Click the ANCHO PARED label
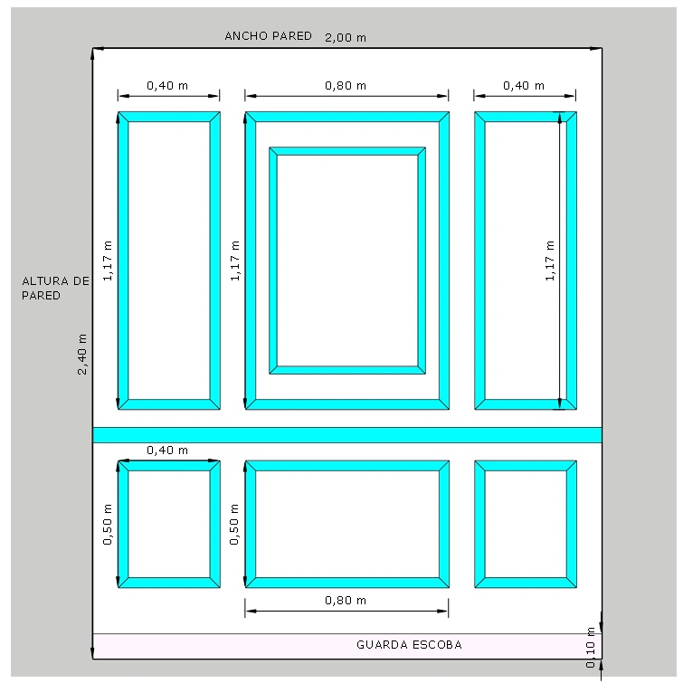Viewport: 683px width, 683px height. point(269,35)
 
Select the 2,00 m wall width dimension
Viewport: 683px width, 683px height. point(346,37)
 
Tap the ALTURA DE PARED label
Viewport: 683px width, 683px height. point(56,288)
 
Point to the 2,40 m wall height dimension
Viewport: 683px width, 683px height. point(82,354)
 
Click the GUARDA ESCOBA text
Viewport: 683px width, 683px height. point(409,645)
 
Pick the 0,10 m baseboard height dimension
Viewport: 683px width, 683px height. point(590,648)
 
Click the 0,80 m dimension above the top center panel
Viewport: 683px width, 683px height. point(346,85)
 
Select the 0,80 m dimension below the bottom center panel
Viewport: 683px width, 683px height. point(346,601)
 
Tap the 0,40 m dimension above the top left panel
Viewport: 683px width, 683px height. point(167,85)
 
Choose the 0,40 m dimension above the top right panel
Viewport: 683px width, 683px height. point(524,85)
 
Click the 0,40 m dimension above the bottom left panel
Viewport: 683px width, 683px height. point(167,450)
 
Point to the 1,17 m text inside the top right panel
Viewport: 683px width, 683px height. point(550,261)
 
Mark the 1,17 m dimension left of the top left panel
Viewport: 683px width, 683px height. point(107,261)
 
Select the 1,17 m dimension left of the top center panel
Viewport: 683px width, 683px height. point(235,261)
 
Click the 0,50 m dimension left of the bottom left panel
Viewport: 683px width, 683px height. point(107,524)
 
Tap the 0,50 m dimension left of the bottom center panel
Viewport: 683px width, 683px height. point(234,524)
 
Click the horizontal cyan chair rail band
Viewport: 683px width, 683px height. point(347,435)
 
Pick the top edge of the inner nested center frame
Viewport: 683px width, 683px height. point(347,151)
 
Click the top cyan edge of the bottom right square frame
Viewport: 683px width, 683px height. point(526,466)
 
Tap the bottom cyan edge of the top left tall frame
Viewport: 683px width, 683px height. point(169,404)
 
